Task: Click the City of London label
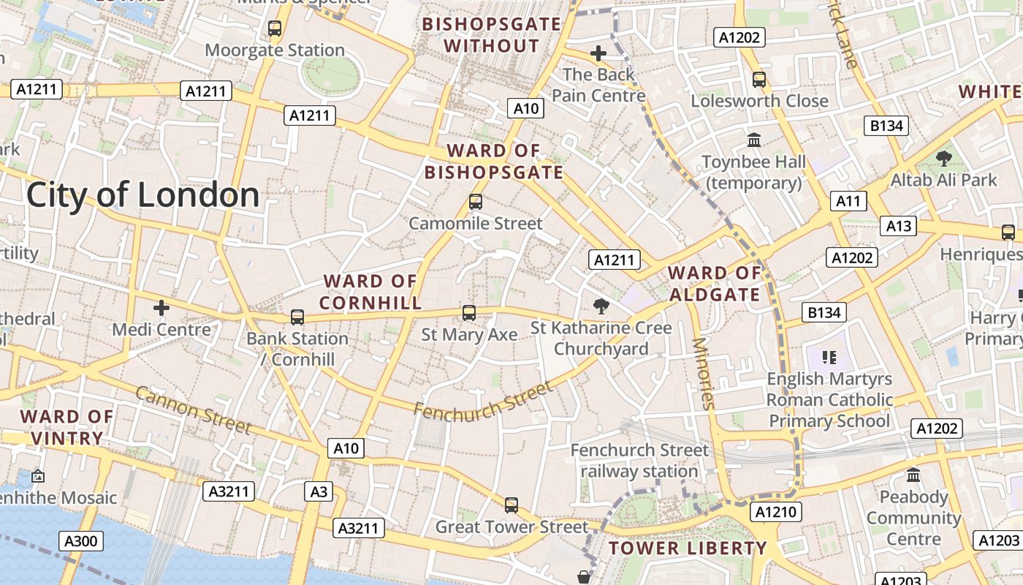pyautogui.click(x=142, y=195)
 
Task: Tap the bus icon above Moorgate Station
pyautogui.click(x=275, y=29)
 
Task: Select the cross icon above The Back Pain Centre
pyautogui.click(x=598, y=53)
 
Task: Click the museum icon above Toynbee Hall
pyautogui.click(x=753, y=139)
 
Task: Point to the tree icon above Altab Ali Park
pyautogui.click(x=944, y=157)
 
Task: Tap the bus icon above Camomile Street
pyautogui.click(x=476, y=201)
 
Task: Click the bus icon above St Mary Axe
pyautogui.click(x=469, y=313)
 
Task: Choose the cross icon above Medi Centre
pyautogui.click(x=161, y=308)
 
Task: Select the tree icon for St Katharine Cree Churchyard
pyautogui.click(x=601, y=306)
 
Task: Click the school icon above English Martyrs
pyautogui.click(x=829, y=357)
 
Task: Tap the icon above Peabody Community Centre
pyautogui.click(x=913, y=475)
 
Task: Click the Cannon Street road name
pyautogui.click(x=194, y=409)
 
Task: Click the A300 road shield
pyautogui.click(x=80, y=541)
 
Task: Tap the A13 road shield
pyautogui.click(x=898, y=226)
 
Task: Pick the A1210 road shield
pyautogui.click(x=775, y=512)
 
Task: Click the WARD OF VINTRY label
pyautogui.click(x=66, y=428)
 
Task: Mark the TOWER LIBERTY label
pyautogui.click(x=688, y=548)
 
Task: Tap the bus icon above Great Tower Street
pyautogui.click(x=512, y=505)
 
